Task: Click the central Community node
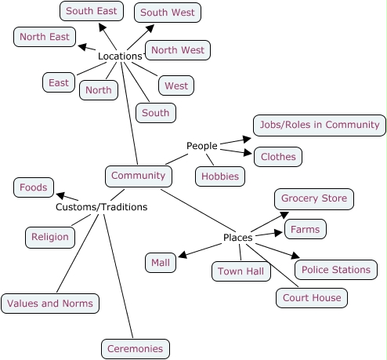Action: click(138, 176)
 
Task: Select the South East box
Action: click(90, 11)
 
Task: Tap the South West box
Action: click(168, 13)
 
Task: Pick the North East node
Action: click(45, 37)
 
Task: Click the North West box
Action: click(177, 50)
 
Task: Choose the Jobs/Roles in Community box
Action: click(319, 125)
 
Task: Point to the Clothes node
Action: click(278, 157)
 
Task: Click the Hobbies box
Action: click(219, 176)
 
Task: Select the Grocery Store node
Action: click(313, 198)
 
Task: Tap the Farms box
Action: click(305, 229)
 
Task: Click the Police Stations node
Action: click(335, 270)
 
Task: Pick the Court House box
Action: click(310, 298)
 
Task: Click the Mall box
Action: click(160, 263)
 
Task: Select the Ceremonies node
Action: click(135, 349)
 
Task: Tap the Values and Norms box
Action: click(50, 304)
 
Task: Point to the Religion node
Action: click(50, 237)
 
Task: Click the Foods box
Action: click(34, 187)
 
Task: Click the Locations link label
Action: click(119, 56)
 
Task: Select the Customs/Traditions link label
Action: click(101, 208)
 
